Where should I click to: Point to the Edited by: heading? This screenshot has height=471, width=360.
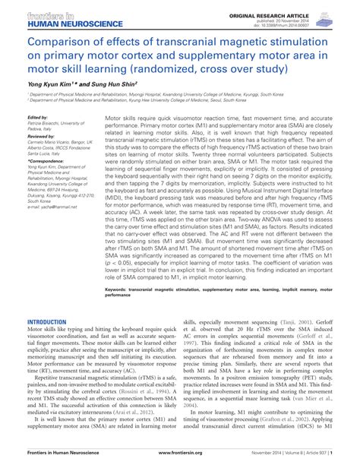coord(38,118)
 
